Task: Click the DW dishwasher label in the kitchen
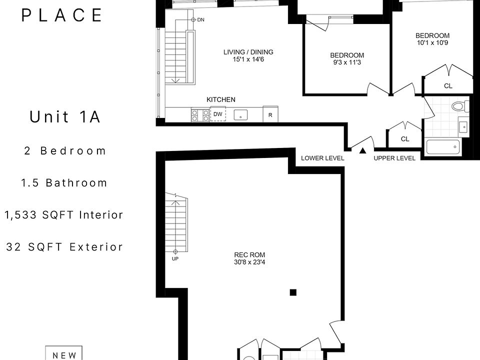(217, 114)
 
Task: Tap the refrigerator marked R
(270, 114)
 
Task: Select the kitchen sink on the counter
(241, 115)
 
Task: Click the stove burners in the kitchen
(200, 115)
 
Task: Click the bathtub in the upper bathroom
(443, 147)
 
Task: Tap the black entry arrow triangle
(363, 150)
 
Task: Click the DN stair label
(200, 20)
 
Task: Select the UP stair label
(175, 258)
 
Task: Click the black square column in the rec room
(293, 292)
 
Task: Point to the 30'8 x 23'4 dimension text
(249, 262)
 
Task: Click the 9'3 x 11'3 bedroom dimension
(347, 62)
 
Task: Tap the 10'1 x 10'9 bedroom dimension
(432, 43)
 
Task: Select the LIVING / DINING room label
(248, 52)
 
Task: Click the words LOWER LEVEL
(322, 158)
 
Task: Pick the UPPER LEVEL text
(394, 158)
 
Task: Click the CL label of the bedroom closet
(448, 86)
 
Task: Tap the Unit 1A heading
(65, 116)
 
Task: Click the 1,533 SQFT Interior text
(63, 215)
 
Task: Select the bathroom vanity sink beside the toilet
(463, 126)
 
